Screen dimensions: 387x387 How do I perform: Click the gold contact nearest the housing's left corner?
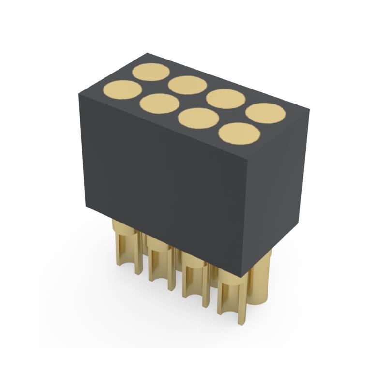(x=122, y=90)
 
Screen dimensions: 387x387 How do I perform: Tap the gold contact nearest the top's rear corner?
(x=150, y=72)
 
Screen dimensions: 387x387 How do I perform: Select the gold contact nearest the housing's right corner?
(x=266, y=113)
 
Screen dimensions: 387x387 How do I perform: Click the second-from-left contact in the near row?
(x=159, y=103)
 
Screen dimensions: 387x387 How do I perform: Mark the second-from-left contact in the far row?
(x=188, y=85)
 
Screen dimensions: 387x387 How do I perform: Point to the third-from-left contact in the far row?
(x=225, y=99)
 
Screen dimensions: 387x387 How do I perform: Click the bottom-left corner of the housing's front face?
(x=86, y=206)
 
